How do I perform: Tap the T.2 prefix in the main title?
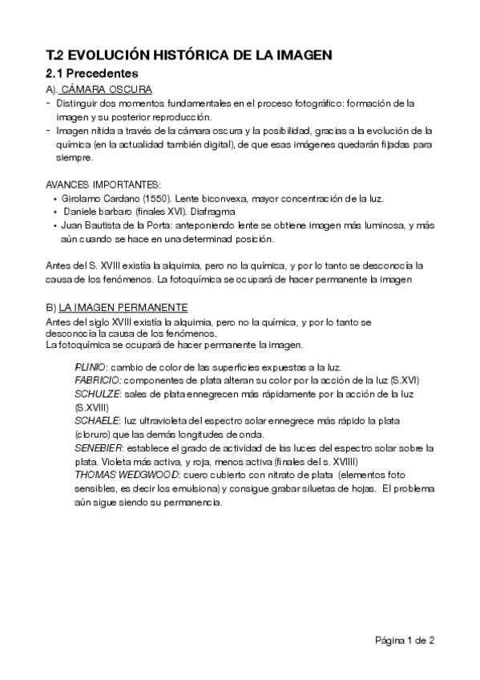pos(54,55)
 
